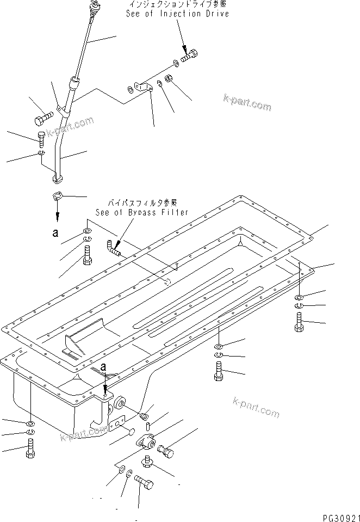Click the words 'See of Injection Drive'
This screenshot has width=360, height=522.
pos(177,14)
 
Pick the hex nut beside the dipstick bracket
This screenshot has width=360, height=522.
pos(169,79)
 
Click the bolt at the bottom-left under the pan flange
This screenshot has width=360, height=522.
pos(29,451)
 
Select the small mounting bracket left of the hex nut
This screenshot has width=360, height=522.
pos(143,87)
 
